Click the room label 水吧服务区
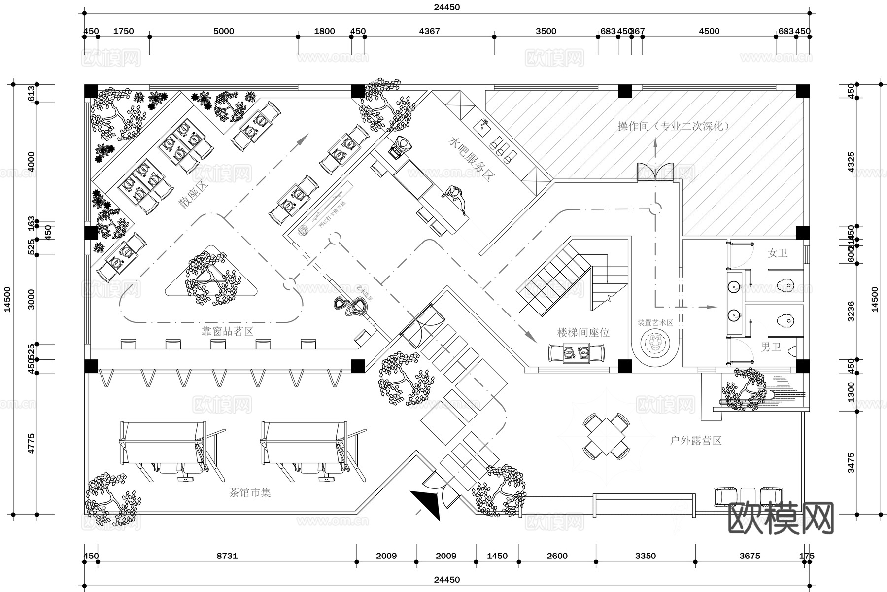(x=471, y=159)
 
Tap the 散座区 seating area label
(x=193, y=194)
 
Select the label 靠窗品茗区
(x=227, y=331)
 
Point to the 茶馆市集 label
(x=250, y=492)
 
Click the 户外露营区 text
(x=696, y=441)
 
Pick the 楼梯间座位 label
(x=583, y=333)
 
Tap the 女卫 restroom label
(x=778, y=253)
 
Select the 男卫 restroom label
(x=771, y=347)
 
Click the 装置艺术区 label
(x=655, y=323)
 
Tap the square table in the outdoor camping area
(x=606, y=436)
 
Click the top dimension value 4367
(x=429, y=31)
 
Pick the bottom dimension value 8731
(x=227, y=556)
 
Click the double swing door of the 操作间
(x=655, y=172)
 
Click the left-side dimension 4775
(x=31, y=444)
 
